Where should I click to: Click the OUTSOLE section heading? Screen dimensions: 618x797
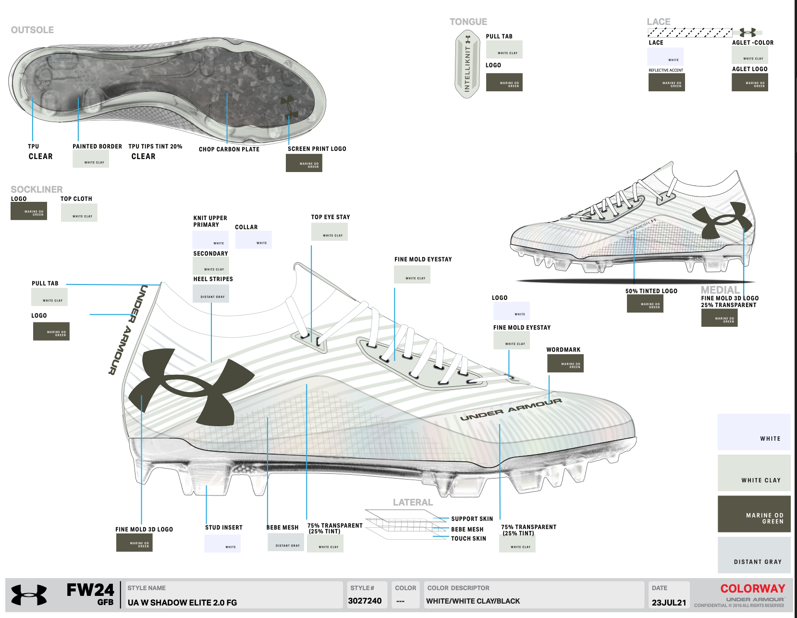point(32,30)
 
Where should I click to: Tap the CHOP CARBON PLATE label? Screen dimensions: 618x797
point(229,149)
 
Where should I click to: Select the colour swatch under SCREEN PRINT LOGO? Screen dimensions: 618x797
point(304,163)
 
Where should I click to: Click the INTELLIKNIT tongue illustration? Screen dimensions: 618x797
point(467,64)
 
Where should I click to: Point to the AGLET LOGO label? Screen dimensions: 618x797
point(749,69)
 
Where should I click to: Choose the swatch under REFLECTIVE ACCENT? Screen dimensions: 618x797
point(666,83)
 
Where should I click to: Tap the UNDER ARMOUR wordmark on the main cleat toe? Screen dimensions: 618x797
point(511,409)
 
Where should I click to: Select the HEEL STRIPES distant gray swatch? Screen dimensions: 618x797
point(211,294)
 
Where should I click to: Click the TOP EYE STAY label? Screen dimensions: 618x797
point(331,217)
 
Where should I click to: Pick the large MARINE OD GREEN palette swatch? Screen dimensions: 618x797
point(754,514)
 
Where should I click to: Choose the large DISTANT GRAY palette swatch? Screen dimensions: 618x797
point(754,555)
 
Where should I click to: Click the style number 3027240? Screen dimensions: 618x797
point(365,601)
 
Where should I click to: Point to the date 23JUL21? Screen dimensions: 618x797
point(669,603)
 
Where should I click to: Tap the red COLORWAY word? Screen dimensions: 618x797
point(752,589)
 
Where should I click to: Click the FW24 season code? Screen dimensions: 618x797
point(90,590)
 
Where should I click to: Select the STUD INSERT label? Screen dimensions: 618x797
point(224,528)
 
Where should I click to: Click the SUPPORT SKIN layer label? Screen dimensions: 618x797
point(472,519)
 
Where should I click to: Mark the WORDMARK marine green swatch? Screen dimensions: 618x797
point(565,364)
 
